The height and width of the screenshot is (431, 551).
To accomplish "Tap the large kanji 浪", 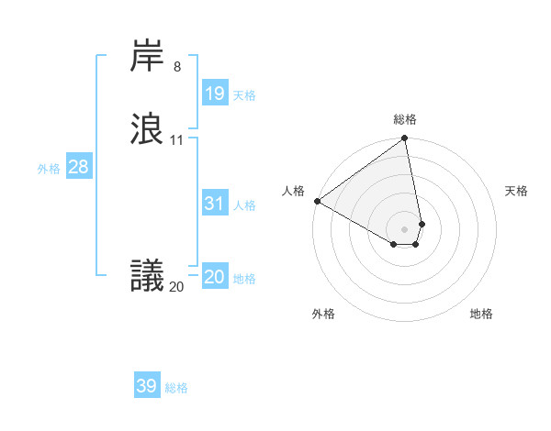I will pyautogui.click(x=148, y=128).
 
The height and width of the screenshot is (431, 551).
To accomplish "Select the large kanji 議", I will pyautogui.click(x=148, y=275).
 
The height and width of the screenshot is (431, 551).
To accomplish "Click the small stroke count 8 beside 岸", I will pyautogui.click(x=176, y=67).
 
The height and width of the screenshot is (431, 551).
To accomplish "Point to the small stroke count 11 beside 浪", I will pyautogui.click(x=176, y=140).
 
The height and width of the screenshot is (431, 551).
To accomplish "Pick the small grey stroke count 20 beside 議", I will pyautogui.click(x=176, y=287).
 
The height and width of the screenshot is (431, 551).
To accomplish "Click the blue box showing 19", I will pyautogui.click(x=214, y=94).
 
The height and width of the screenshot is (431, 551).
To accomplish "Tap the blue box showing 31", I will pyautogui.click(x=214, y=204).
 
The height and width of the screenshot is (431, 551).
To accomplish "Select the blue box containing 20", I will pyautogui.click(x=214, y=277).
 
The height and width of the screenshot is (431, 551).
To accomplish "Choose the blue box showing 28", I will pyautogui.click(x=78, y=167).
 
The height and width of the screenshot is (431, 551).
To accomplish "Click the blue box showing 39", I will pyautogui.click(x=146, y=386).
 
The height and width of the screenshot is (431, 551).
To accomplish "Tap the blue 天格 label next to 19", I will pyautogui.click(x=244, y=95).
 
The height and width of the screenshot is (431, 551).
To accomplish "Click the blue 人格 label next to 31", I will pyautogui.click(x=244, y=205).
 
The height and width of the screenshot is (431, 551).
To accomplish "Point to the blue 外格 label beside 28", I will pyautogui.click(x=49, y=169).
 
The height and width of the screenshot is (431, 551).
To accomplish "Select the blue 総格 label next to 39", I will pyautogui.click(x=176, y=388).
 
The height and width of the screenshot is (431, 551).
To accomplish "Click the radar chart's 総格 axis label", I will pyautogui.click(x=405, y=119).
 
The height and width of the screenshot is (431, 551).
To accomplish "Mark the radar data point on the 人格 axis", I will pyautogui.click(x=317, y=201).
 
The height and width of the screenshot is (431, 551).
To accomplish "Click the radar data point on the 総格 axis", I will pyautogui.click(x=405, y=139).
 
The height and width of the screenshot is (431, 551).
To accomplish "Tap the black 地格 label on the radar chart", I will pyautogui.click(x=481, y=314).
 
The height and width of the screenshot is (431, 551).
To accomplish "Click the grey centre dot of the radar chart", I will pyautogui.click(x=405, y=228).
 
